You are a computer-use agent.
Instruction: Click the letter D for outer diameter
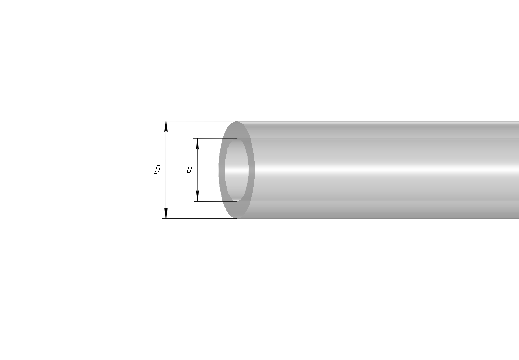click(157, 170)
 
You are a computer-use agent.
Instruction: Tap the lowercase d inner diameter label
click(190, 169)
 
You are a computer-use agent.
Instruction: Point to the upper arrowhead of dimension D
click(166, 126)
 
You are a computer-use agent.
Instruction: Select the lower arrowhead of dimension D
click(166, 213)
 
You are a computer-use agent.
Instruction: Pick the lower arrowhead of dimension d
click(198, 196)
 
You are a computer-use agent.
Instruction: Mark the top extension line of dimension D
click(199, 121)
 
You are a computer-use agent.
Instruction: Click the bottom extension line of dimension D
click(199, 218)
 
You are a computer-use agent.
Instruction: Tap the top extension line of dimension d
click(215, 138)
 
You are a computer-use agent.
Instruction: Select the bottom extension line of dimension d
click(215, 201)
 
